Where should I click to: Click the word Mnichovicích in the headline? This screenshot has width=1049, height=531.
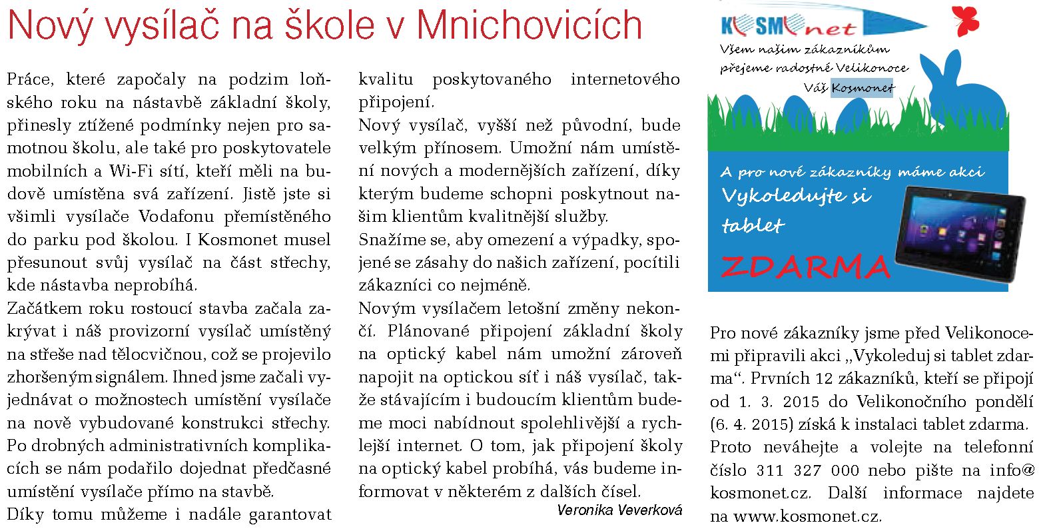[x=529, y=25]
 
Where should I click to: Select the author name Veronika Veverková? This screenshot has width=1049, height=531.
[x=619, y=510]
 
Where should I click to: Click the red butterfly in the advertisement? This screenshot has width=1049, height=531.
[x=966, y=21]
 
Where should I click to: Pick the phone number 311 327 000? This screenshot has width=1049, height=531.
[x=808, y=470]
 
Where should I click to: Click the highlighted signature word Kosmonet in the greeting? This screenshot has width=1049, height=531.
[x=863, y=88]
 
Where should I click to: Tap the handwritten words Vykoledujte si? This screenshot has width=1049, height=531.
[x=797, y=196]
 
